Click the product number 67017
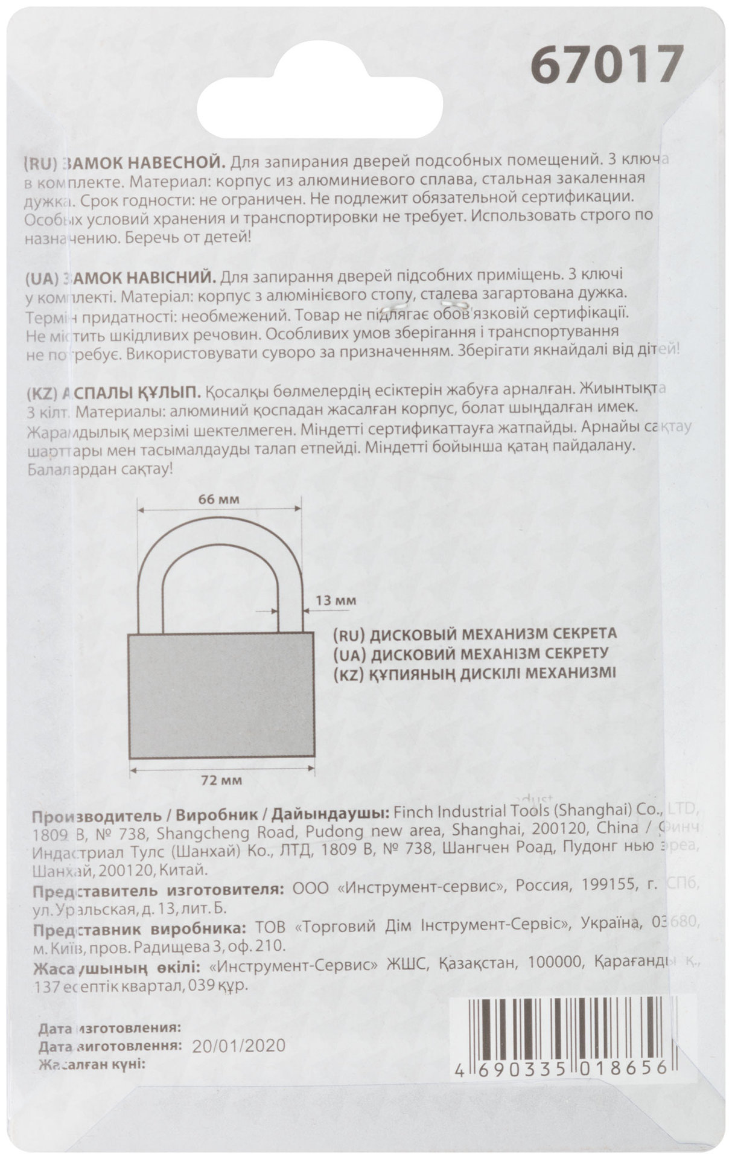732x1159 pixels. coord(606,65)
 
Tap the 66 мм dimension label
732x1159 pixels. coord(218,499)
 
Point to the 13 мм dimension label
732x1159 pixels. coord(336,601)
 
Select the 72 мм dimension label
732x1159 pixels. coord(221,781)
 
